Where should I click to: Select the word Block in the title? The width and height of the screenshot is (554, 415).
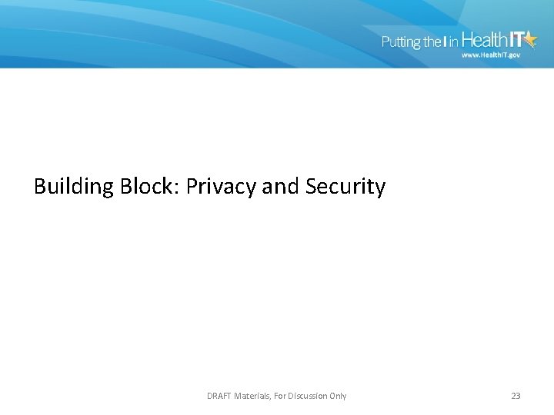[x=149, y=187]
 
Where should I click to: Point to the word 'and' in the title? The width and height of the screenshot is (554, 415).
[x=282, y=187]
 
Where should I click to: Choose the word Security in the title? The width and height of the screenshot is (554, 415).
[x=345, y=187]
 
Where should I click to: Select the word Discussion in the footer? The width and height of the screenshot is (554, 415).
[x=310, y=396]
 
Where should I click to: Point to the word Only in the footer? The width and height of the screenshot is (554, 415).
[x=338, y=396]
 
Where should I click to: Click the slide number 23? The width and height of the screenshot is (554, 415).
[x=516, y=396]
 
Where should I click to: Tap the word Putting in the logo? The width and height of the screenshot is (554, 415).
[x=400, y=42]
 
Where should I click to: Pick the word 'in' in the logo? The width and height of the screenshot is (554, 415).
[x=454, y=42]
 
